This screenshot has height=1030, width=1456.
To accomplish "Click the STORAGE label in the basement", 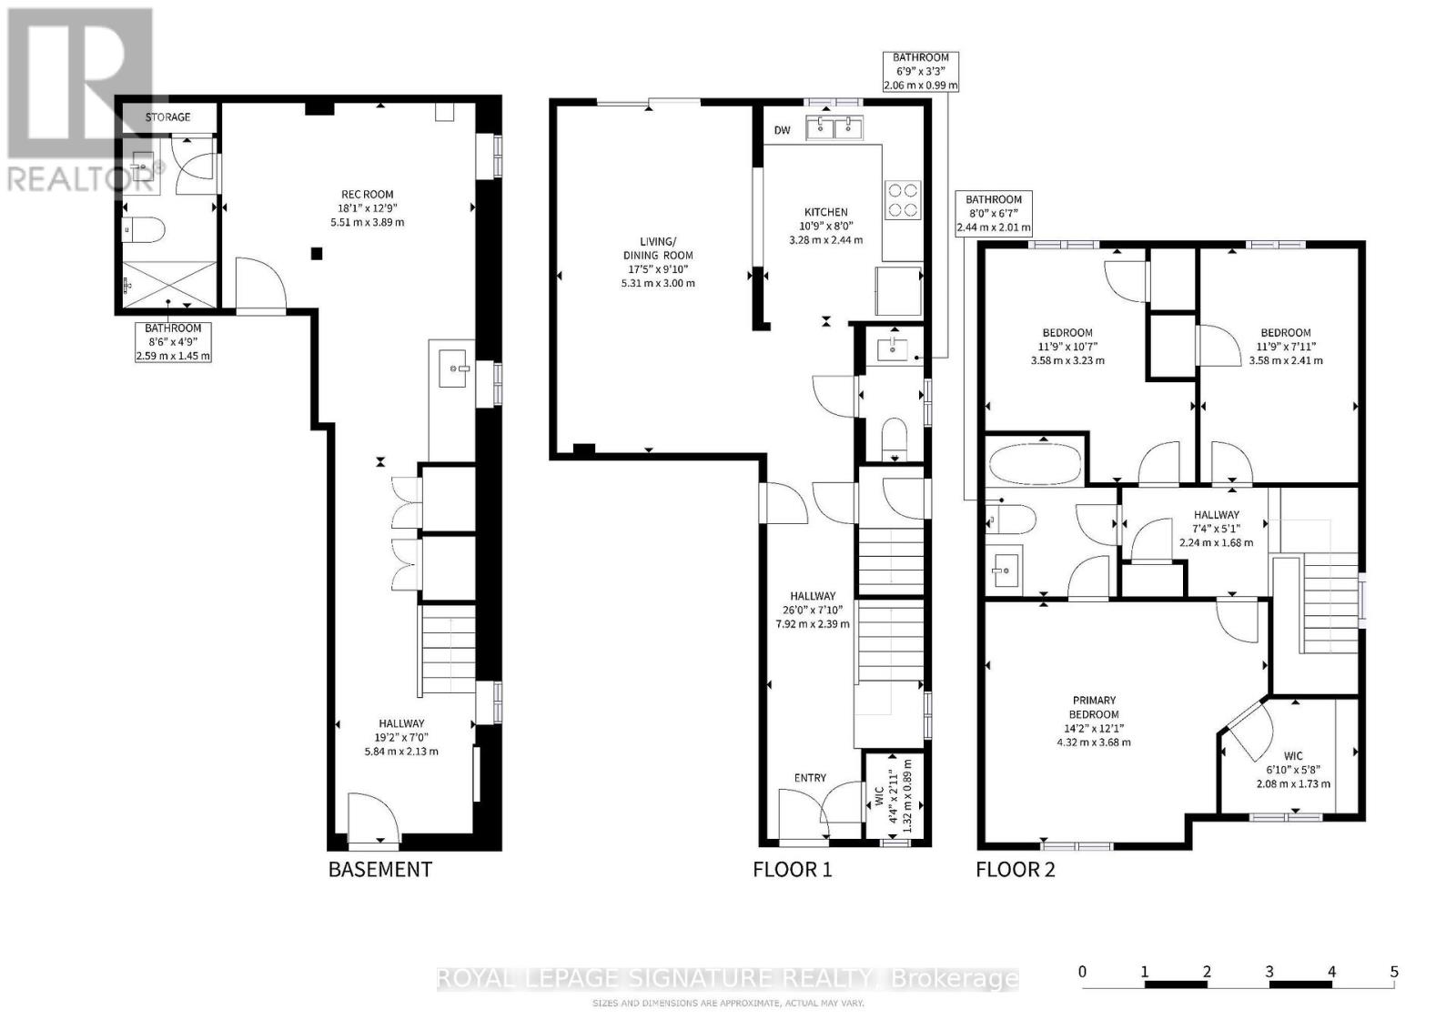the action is pyautogui.click(x=167, y=117).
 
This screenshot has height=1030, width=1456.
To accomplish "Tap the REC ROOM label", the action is pyautogui.click(x=368, y=195).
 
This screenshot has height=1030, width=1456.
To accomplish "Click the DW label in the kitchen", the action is pyautogui.click(x=782, y=130).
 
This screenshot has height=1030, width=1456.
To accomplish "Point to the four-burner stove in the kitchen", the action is pyautogui.click(x=903, y=200).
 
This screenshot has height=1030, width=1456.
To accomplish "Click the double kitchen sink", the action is pyautogui.click(x=834, y=127).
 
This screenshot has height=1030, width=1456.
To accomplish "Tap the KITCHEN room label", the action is pyautogui.click(x=825, y=212).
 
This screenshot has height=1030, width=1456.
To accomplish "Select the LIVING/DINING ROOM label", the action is pyautogui.click(x=658, y=248).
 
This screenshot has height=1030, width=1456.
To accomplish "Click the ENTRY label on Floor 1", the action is pyautogui.click(x=810, y=778).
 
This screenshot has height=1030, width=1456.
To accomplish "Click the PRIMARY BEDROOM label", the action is pyautogui.click(x=1094, y=707).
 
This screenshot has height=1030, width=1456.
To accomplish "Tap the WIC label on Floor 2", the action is pyautogui.click(x=1293, y=756).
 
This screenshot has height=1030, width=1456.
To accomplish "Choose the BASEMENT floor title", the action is pyautogui.click(x=380, y=870).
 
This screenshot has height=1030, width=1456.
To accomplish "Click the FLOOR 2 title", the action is pyautogui.click(x=1016, y=870).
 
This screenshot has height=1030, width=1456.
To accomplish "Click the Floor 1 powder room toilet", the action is pyautogui.click(x=895, y=438).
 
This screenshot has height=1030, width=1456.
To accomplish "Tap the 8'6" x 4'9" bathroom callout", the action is pyautogui.click(x=173, y=342).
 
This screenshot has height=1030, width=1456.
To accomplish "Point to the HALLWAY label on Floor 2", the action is pyautogui.click(x=1216, y=514).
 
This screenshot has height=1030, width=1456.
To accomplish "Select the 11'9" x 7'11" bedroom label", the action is pyautogui.click(x=1285, y=347).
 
